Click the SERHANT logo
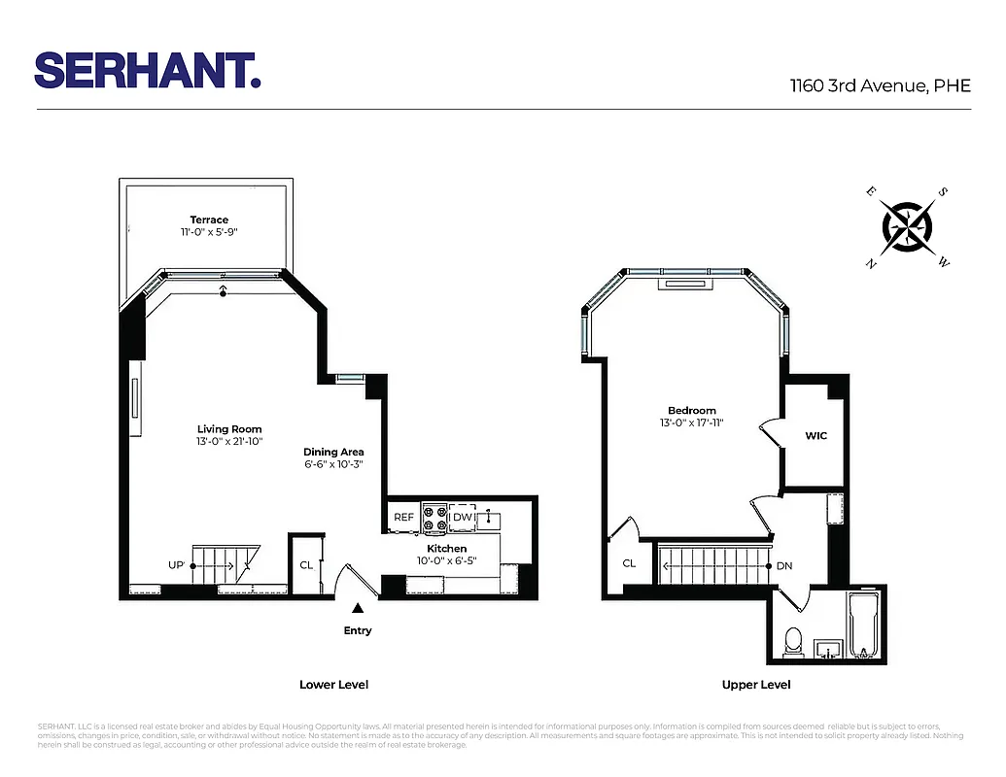148,70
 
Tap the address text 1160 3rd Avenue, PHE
880,85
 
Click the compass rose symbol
907,227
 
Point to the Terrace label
209,220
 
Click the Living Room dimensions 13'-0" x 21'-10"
229,442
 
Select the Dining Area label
333,452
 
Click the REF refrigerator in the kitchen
403,518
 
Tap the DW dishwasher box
463,518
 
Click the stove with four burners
434,518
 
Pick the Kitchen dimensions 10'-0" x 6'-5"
446,561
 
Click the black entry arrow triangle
358,608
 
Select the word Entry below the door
358,631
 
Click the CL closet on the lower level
306,564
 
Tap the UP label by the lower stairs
177,564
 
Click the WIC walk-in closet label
815,436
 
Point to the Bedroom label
691,411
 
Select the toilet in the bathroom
792,641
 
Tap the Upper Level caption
755,685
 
